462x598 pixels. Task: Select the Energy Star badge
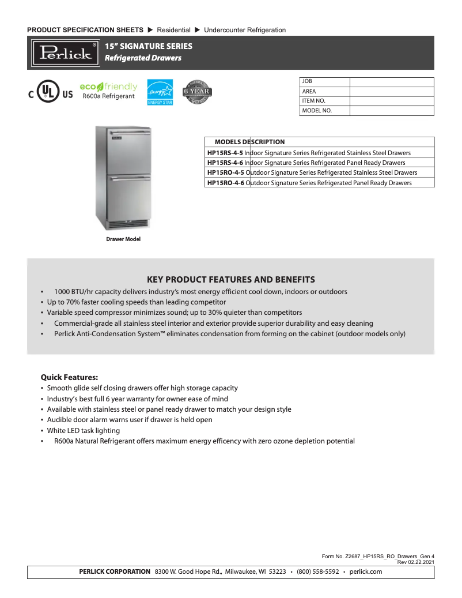click(x=160, y=92)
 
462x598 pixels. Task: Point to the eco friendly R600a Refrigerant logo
click(x=108, y=91)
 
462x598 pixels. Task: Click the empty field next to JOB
click(x=391, y=82)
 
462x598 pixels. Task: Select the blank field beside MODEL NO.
click(x=391, y=111)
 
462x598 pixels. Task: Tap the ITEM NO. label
click(x=314, y=101)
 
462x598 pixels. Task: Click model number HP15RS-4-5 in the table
click(x=225, y=153)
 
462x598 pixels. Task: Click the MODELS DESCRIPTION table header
click(x=249, y=142)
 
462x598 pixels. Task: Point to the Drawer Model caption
click(x=123, y=239)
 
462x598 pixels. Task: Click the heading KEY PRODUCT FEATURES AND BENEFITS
click(x=231, y=279)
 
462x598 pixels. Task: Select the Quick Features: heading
click(x=69, y=377)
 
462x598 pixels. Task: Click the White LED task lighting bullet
click(x=84, y=431)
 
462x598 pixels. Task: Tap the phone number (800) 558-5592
click(x=317, y=572)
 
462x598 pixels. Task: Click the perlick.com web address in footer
click(x=366, y=572)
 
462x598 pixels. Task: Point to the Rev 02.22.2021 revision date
click(x=415, y=562)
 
